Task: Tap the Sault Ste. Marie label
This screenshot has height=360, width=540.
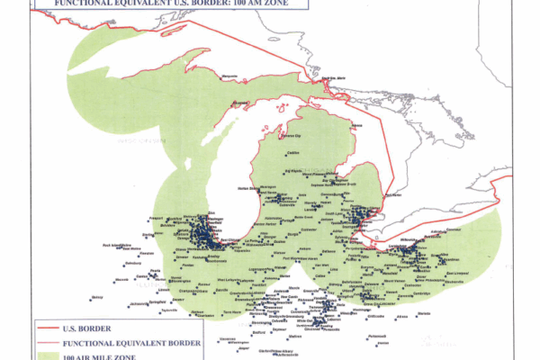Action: pos(335,82)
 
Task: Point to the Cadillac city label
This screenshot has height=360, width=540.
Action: pos(292,153)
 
